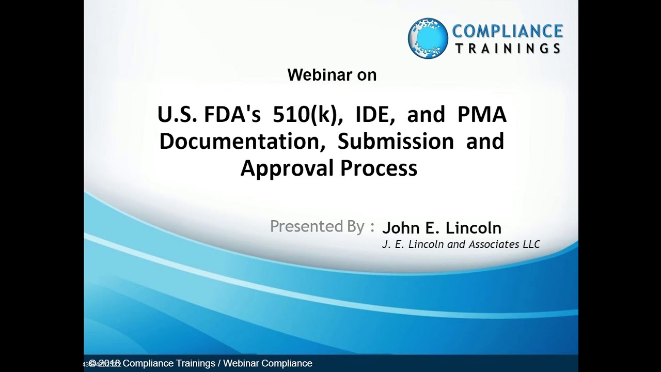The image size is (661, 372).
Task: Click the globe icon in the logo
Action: (x=428, y=38)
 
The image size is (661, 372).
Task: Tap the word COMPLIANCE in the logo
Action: (x=507, y=31)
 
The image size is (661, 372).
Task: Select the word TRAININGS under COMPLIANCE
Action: (x=507, y=49)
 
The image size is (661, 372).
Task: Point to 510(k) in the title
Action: (x=313, y=115)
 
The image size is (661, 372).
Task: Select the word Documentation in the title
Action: (x=242, y=142)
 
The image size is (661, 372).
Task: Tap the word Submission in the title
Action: (x=396, y=142)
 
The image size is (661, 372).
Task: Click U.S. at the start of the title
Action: (x=177, y=115)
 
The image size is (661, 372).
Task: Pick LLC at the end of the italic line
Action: (x=531, y=244)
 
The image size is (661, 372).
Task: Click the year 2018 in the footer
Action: (x=110, y=363)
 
